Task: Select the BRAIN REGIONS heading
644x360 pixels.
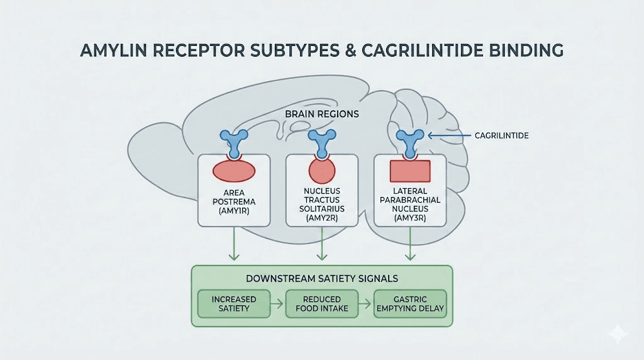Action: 321,115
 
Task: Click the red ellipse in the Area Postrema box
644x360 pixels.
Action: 234,170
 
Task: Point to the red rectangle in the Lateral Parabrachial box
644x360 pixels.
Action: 410,171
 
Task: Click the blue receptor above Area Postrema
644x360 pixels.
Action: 234,141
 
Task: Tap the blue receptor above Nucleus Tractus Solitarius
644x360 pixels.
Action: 322,141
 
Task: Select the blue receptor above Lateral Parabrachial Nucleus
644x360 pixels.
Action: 410,141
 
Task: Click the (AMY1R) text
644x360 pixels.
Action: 234,211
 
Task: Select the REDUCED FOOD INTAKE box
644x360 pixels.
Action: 322,303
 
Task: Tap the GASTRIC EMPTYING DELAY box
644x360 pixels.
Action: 410,303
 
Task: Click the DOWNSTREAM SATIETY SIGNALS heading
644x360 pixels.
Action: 321,278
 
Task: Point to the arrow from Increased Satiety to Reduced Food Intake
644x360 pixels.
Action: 279,303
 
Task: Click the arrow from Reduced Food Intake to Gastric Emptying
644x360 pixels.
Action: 366,303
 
